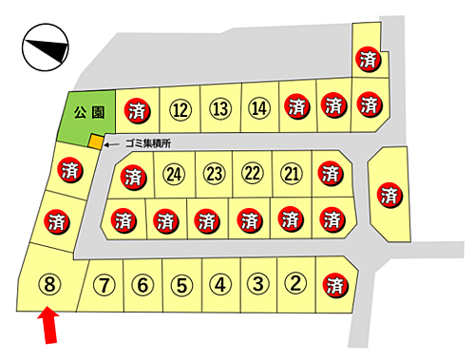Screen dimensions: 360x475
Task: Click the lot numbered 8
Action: (50, 284)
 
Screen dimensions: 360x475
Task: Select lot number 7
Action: (105, 283)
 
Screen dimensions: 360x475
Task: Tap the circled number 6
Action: (142, 283)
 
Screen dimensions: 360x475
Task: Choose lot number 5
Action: (180, 283)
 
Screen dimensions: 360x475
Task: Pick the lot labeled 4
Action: (218, 283)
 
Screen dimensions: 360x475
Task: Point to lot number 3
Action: (256, 283)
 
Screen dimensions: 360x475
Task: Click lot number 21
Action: (291, 174)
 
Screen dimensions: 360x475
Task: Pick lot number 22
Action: (252, 174)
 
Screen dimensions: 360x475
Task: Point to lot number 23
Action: (213, 174)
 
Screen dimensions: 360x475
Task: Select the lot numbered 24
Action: (173, 174)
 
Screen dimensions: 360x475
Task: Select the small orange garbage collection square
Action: (95, 142)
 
